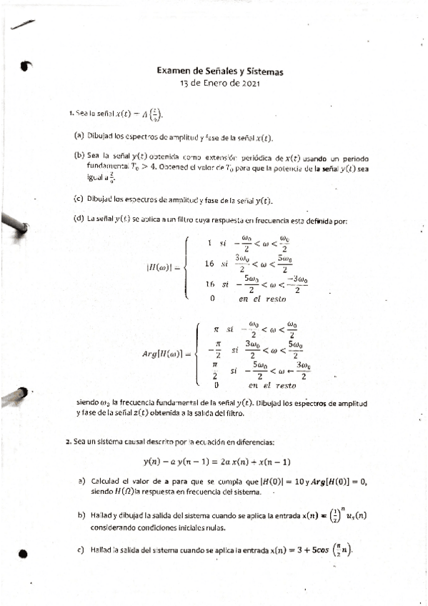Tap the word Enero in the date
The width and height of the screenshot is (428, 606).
click(x=214, y=83)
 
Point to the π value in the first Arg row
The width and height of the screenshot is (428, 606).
click(x=216, y=329)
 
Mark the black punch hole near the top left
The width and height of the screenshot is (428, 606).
click(x=26, y=66)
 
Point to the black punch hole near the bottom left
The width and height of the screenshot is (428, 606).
click(x=24, y=554)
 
